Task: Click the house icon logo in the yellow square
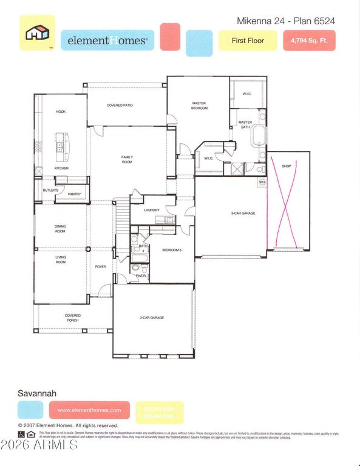click(37, 33)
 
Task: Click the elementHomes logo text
click(107, 41)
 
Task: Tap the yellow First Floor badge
click(248, 41)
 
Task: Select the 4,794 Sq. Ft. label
click(309, 41)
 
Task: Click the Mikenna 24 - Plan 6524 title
click(285, 21)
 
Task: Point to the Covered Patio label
click(120, 106)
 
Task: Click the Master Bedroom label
click(199, 106)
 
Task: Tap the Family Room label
click(127, 160)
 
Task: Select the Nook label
click(61, 112)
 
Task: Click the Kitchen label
click(61, 168)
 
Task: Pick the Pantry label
click(74, 194)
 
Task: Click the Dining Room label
click(61, 229)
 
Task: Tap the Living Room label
click(61, 260)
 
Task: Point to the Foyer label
click(100, 266)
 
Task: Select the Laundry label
click(152, 211)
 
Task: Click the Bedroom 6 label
click(172, 250)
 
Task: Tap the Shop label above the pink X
click(287, 166)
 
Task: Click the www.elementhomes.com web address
click(89, 410)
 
